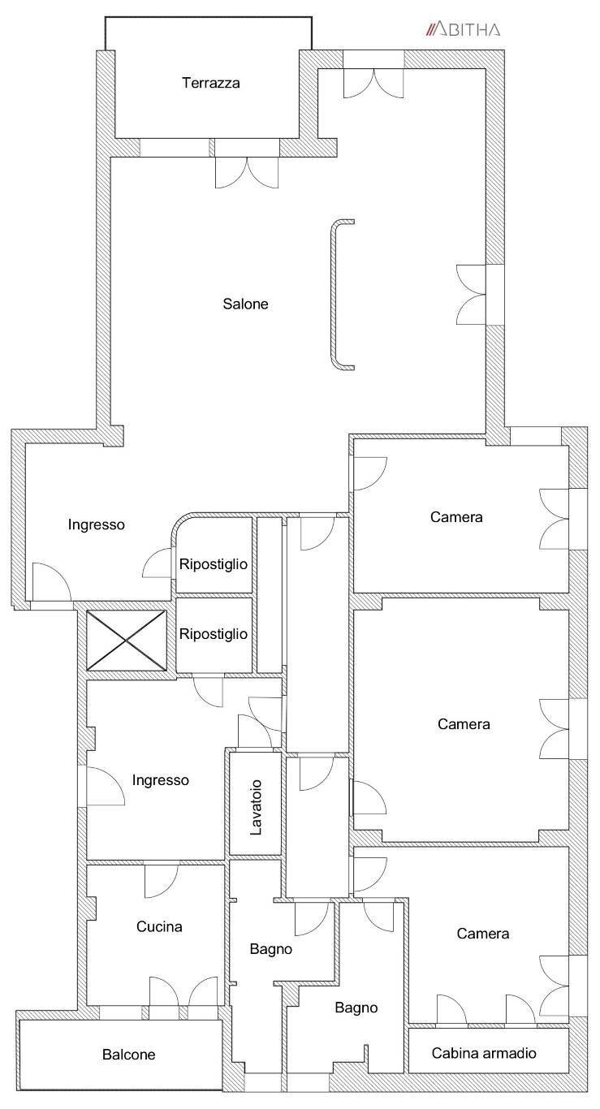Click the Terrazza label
[211, 83]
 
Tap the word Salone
[245, 304]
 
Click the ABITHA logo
[464, 30]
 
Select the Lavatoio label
[256, 807]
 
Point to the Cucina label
[159, 926]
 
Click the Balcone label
[128, 1055]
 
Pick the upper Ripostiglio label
[213, 564]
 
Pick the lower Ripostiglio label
[213, 634]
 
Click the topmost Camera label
[456, 516]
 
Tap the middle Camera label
[464, 724]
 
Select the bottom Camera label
[482, 934]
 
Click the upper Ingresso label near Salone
[97, 524]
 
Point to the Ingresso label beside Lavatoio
[160, 780]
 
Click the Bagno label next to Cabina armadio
[356, 1008]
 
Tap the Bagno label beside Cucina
[271, 948]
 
